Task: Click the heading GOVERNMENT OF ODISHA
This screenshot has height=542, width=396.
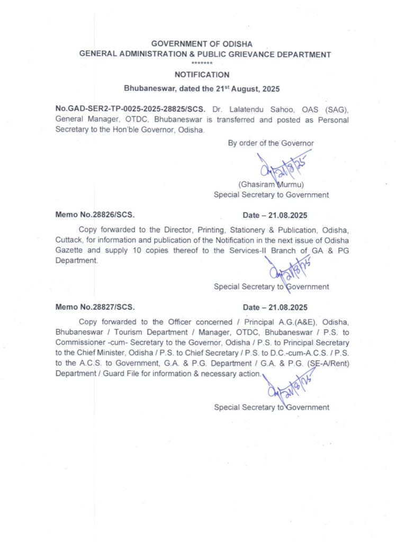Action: pos(202,43)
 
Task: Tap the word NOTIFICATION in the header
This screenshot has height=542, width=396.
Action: pos(202,75)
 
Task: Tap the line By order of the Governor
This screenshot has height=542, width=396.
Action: pos(271,143)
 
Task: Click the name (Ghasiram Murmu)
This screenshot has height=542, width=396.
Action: pos(271,185)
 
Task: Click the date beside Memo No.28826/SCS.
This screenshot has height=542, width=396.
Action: pos(275,215)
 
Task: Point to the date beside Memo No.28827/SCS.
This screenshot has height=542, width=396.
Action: pos(275,307)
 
